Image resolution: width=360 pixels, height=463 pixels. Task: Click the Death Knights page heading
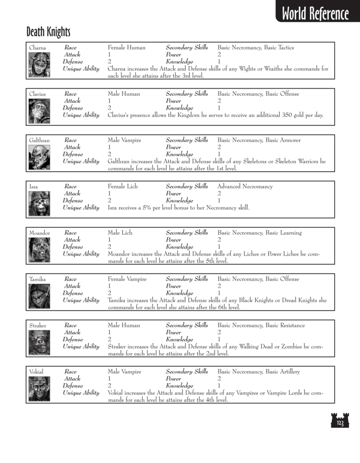(48, 32)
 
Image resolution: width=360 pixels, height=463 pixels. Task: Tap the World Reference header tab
(315, 14)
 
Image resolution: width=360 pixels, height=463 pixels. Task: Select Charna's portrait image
(39, 61)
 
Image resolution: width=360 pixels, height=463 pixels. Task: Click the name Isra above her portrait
(33, 187)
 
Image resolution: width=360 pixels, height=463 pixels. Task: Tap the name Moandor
(39, 233)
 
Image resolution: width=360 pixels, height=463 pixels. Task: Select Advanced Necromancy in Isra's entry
(245, 187)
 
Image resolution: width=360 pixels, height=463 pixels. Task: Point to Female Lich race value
(123, 187)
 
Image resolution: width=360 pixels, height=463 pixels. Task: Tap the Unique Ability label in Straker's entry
(81, 347)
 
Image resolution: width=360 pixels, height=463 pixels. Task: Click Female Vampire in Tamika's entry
(127, 279)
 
